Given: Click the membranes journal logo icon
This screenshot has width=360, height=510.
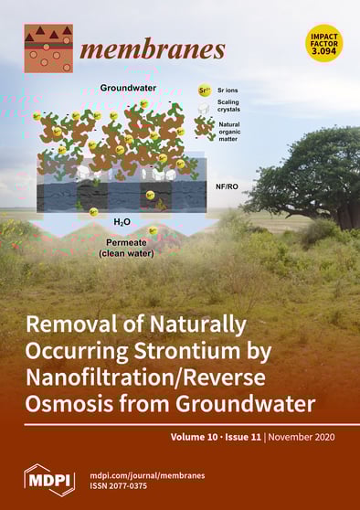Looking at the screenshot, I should click(48, 48).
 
